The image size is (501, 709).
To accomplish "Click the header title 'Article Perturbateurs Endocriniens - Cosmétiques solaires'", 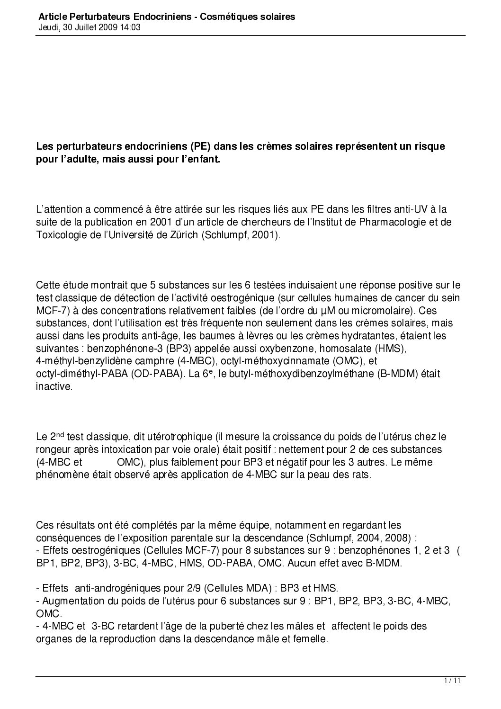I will [x=167, y=17].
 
